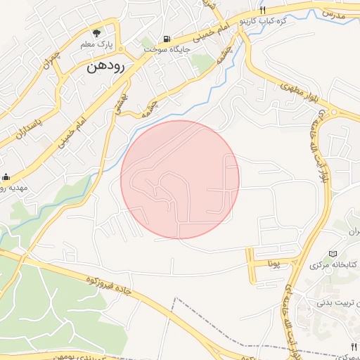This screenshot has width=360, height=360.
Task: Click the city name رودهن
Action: point(105,68)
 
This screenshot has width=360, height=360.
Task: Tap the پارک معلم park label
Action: point(97,44)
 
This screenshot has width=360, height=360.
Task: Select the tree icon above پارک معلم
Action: point(97,32)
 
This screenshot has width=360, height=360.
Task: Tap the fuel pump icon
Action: point(165,39)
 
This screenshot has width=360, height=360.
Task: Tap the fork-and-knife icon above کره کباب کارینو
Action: point(262,10)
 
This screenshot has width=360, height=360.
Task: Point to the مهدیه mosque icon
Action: point(6,177)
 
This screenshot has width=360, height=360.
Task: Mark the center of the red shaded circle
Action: point(180,179)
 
